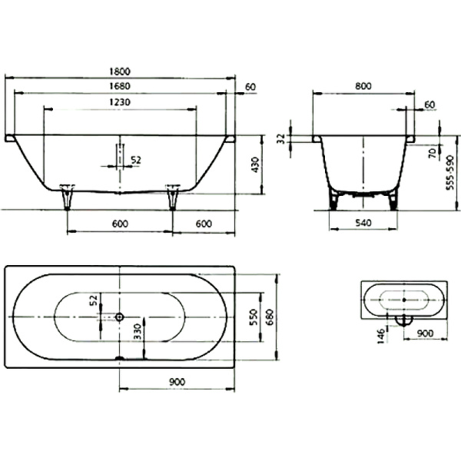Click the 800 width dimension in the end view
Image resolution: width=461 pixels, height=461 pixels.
click(x=363, y=86)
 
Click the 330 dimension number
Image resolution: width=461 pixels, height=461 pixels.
click(x=136, y=332)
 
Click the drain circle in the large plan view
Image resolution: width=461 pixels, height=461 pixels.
click(x=119, y=317)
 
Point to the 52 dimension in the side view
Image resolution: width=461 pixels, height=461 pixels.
click(x=136, y=159)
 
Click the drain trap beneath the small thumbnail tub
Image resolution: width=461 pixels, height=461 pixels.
click(x=403, y=320)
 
